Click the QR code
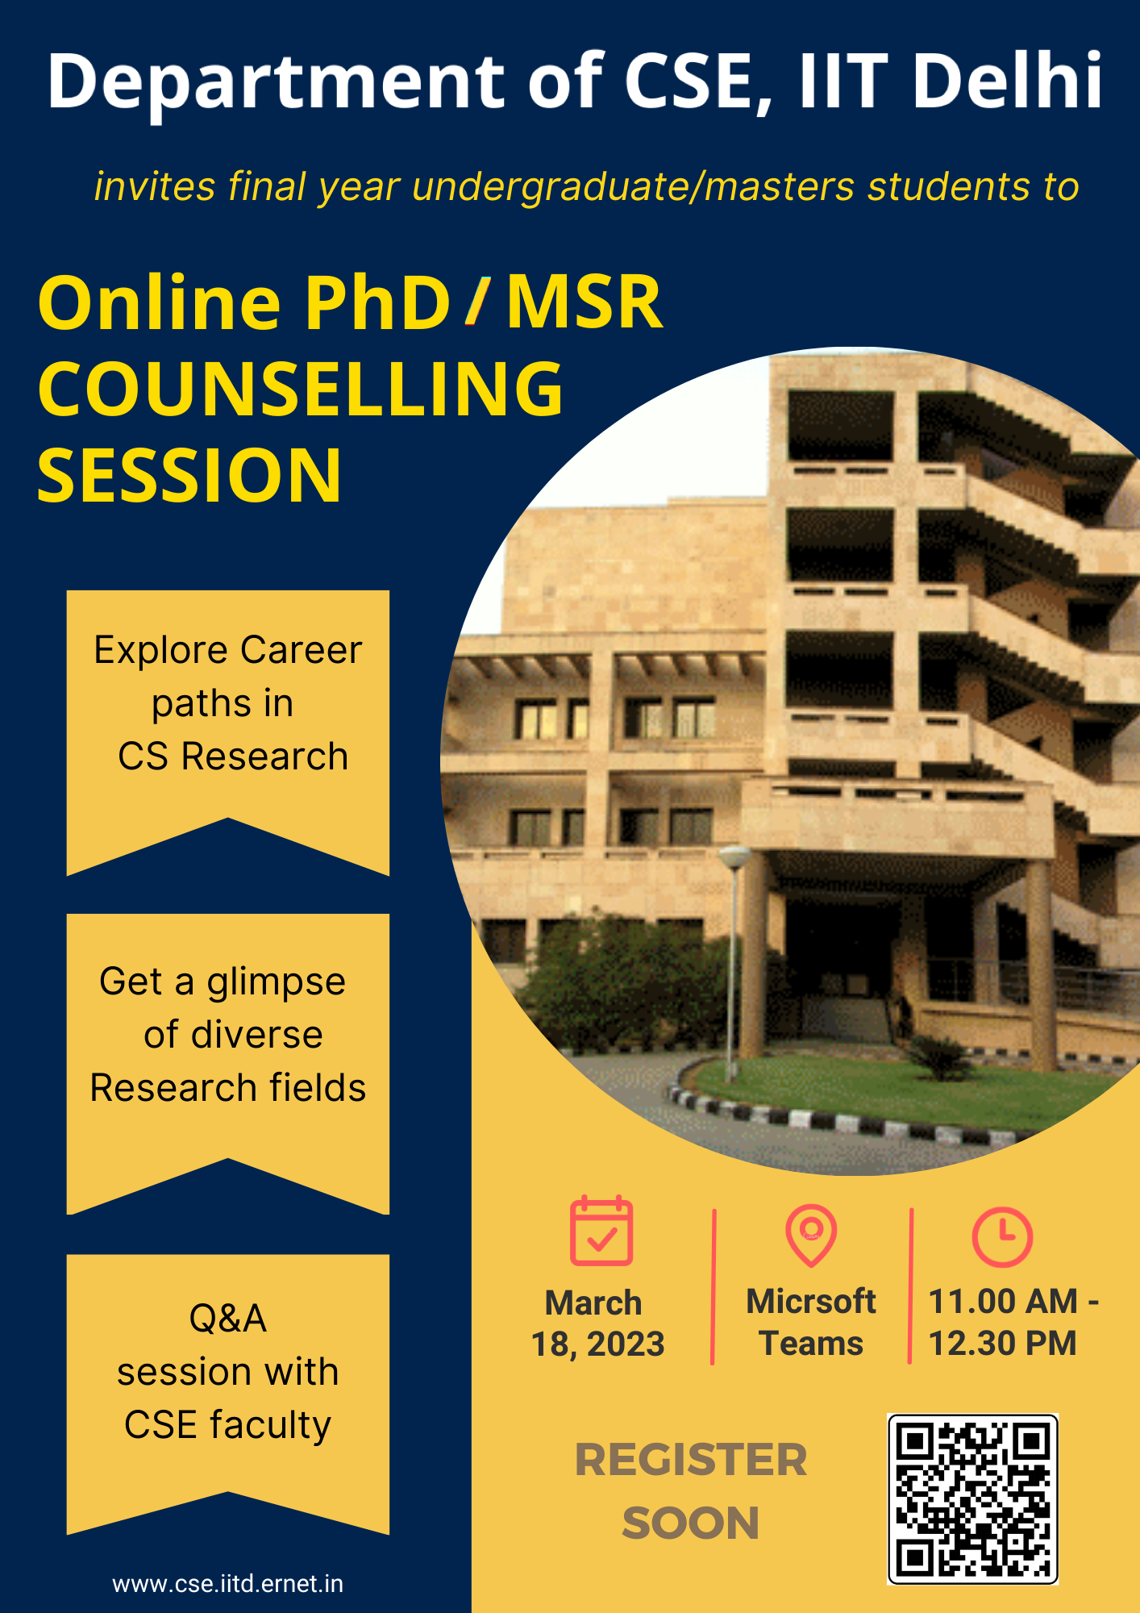[x=972, y=1498]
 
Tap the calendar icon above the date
[x=601, y=1230]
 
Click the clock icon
[x=1002, y=1236]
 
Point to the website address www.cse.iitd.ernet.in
[x=228, y=1583]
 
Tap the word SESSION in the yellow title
[x=189, y=476]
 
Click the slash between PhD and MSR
[x=477, y=301]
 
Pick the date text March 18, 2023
[x=597, y=1323]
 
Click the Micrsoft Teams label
[x=811, y=1322]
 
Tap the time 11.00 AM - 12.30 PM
[x=1013, y=1322]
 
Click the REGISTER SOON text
[x=691, y=1491]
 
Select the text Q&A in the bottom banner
[x=228, y=1319]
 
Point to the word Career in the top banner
[x=302, y=650]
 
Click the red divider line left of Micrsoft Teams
[x=714, y=1286]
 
